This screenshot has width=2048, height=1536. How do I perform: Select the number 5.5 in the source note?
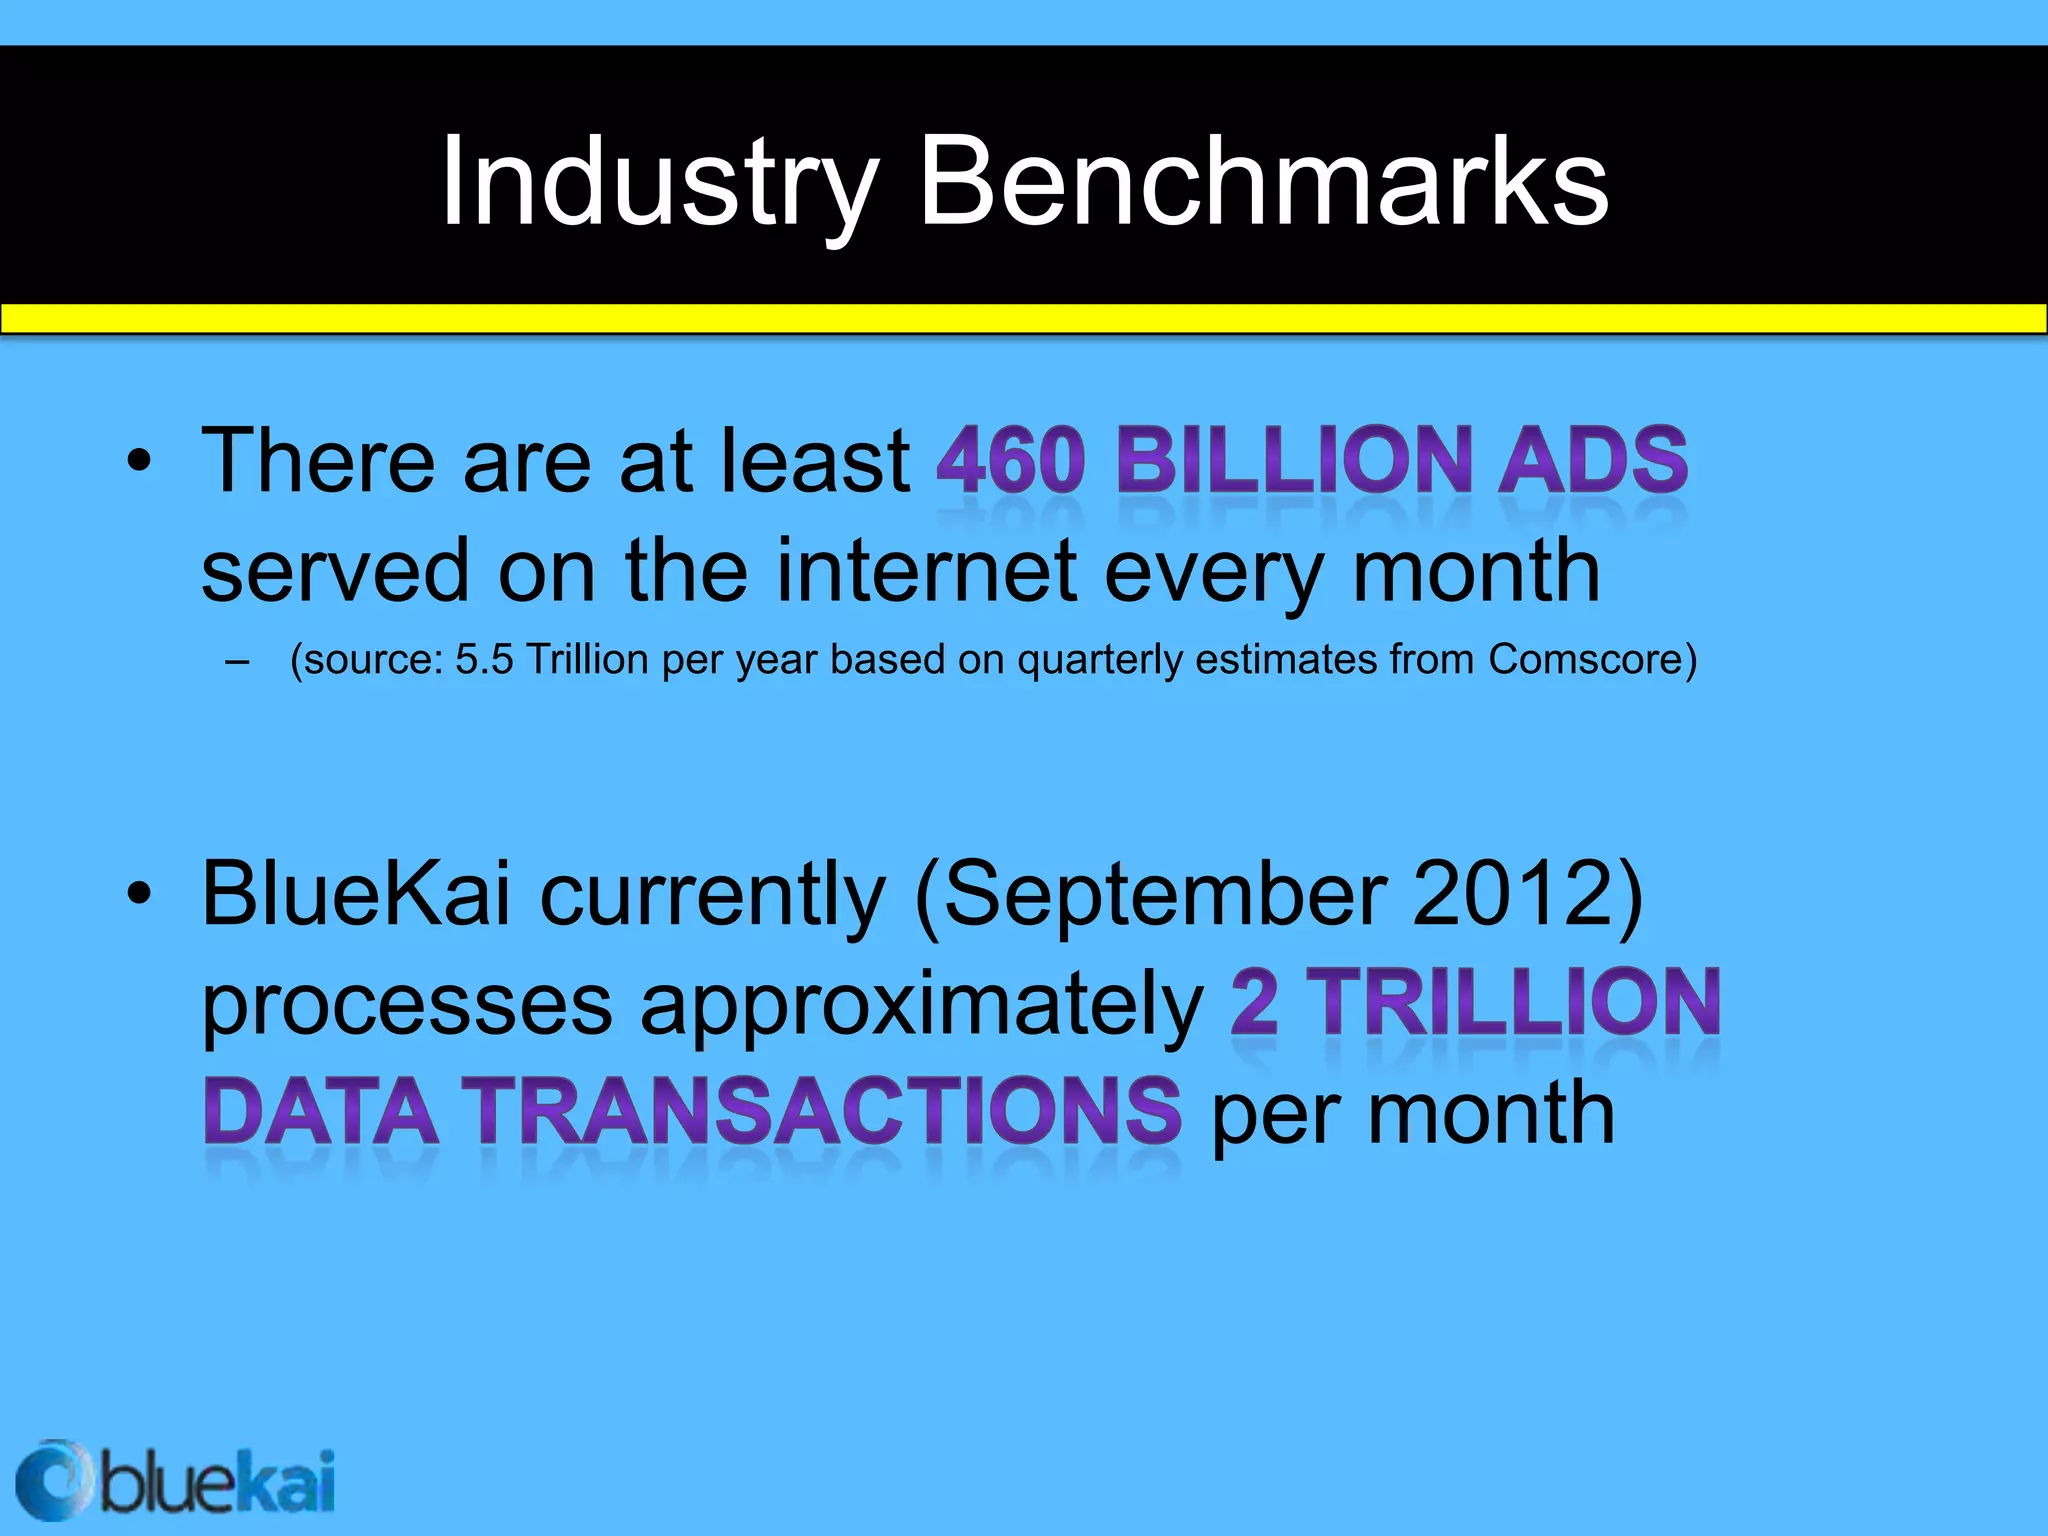click(484, 660)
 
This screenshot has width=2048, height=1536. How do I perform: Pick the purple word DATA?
click(321, 1111)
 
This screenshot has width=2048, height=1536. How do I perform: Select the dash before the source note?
click(237, 661)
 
